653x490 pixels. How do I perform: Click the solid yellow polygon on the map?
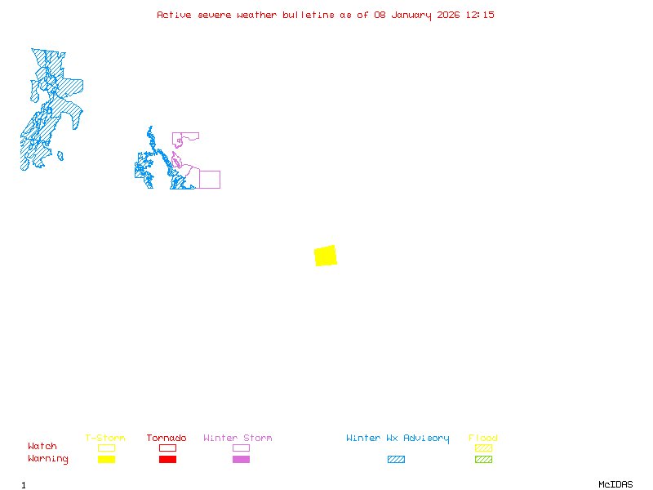[326, 256]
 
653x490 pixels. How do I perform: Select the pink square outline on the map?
[210, 180]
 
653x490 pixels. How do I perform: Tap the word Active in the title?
[175, 15]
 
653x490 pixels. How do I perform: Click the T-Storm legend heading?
[105, 439]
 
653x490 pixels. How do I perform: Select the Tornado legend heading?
[167, 439]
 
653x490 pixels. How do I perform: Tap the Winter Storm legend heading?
[238, 439]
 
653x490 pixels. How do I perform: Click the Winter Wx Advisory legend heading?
[398, 439]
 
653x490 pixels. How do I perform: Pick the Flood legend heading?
[483, 439]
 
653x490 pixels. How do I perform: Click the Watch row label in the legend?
[42, 447]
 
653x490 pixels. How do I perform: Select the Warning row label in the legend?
[48, 459]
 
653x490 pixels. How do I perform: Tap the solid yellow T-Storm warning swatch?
[106, 460]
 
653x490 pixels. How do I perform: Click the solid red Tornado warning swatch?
[167, 460]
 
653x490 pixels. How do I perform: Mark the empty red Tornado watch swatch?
[167, 448]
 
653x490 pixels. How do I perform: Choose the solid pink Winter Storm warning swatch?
[241, 460]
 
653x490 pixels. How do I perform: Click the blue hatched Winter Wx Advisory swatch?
[396, 460]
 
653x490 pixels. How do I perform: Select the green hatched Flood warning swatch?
[483, 460]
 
